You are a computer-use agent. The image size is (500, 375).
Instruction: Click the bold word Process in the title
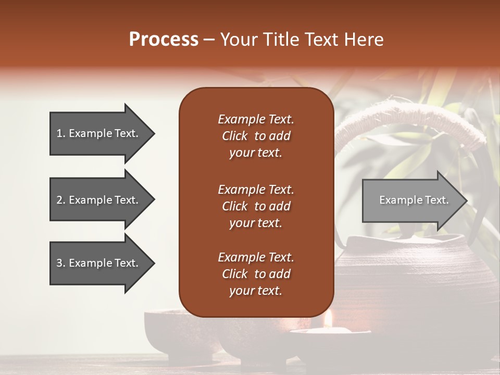[163, 40]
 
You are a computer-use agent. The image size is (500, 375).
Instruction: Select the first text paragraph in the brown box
[256, 136]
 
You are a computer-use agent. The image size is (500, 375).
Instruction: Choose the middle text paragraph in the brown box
[256, 206]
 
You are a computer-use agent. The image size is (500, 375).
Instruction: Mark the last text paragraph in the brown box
[256, 274]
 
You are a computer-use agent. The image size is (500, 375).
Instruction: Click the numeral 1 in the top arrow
[59, 133]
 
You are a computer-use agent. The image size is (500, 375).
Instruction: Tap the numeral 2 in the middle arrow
[59, 200]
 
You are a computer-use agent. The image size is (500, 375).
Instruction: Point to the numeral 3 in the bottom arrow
[59, 263]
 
